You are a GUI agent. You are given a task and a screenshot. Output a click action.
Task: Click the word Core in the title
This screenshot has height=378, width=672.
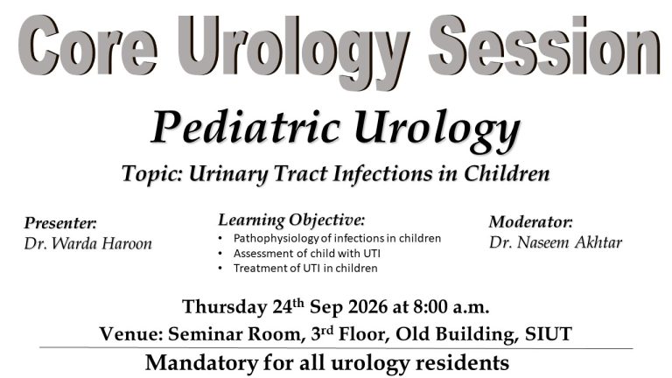(x=87, y=45)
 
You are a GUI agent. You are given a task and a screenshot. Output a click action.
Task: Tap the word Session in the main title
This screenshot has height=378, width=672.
(x=544, y=45)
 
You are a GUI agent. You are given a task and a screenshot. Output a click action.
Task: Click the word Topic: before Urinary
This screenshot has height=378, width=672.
(x=152, y=174)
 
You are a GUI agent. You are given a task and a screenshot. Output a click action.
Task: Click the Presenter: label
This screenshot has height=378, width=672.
(x=60, y=223)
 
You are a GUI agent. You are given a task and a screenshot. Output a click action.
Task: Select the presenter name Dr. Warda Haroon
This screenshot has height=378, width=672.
(x=87, y=243)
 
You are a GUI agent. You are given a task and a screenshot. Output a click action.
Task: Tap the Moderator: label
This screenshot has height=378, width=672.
(x=530, y=221)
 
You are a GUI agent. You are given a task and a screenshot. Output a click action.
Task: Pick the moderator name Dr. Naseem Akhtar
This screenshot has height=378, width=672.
(x=556, y=242)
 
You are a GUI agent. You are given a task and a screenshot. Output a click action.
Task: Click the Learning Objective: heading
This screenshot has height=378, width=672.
(x=291, y=220)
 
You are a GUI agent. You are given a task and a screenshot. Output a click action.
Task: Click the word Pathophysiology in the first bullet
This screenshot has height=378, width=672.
(x=276, y=238)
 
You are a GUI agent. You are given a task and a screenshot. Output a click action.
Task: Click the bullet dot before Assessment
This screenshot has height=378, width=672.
(x=220, y=254)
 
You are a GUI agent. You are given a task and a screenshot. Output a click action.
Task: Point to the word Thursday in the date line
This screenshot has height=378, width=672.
(x=225, y=307)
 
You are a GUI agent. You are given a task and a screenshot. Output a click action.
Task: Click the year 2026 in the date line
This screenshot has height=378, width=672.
(x=367, y=307)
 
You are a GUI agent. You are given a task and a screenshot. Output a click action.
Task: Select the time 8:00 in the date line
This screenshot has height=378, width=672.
(x=430, y=307)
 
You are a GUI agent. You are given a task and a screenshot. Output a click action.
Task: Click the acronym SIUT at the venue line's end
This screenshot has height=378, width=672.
(x=549, y=334)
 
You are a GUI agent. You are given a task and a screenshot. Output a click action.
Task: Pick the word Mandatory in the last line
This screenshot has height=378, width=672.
(x=201, y=363)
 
